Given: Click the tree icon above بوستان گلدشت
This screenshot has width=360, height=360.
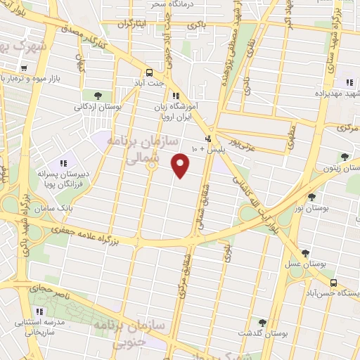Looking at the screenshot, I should (x=262, y=322).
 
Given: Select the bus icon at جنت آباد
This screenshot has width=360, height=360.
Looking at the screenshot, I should (x=149, y=72).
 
